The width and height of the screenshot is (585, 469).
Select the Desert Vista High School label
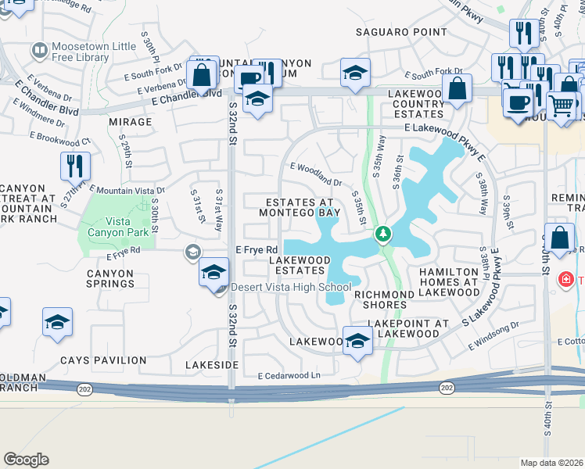pyautogui.click(x=289, y=288)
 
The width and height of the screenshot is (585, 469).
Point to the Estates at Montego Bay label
pyautogui.click(x=300, y=207)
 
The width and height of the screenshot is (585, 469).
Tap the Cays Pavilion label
pyautogui.click(x=103, y=360)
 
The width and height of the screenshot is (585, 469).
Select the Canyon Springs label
pyautogui.click(x=110, y=278)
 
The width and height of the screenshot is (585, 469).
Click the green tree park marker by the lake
pyautogui.click(x=383, y=234)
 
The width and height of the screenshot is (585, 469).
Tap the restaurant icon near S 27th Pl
pyautogui.click(x=76, y=165)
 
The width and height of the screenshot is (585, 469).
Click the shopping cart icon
pyautogui.click(x=562, y=104)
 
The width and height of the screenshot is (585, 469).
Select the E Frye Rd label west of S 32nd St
pyautogui.click(x=124, y=252)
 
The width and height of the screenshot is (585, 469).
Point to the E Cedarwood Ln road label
pyautogui.click(x=289, y=376)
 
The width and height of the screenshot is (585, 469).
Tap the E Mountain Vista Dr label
pyautogui.click(x=127, y=190)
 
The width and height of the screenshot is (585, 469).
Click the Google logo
pyautogui.click(x=26, y=460)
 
